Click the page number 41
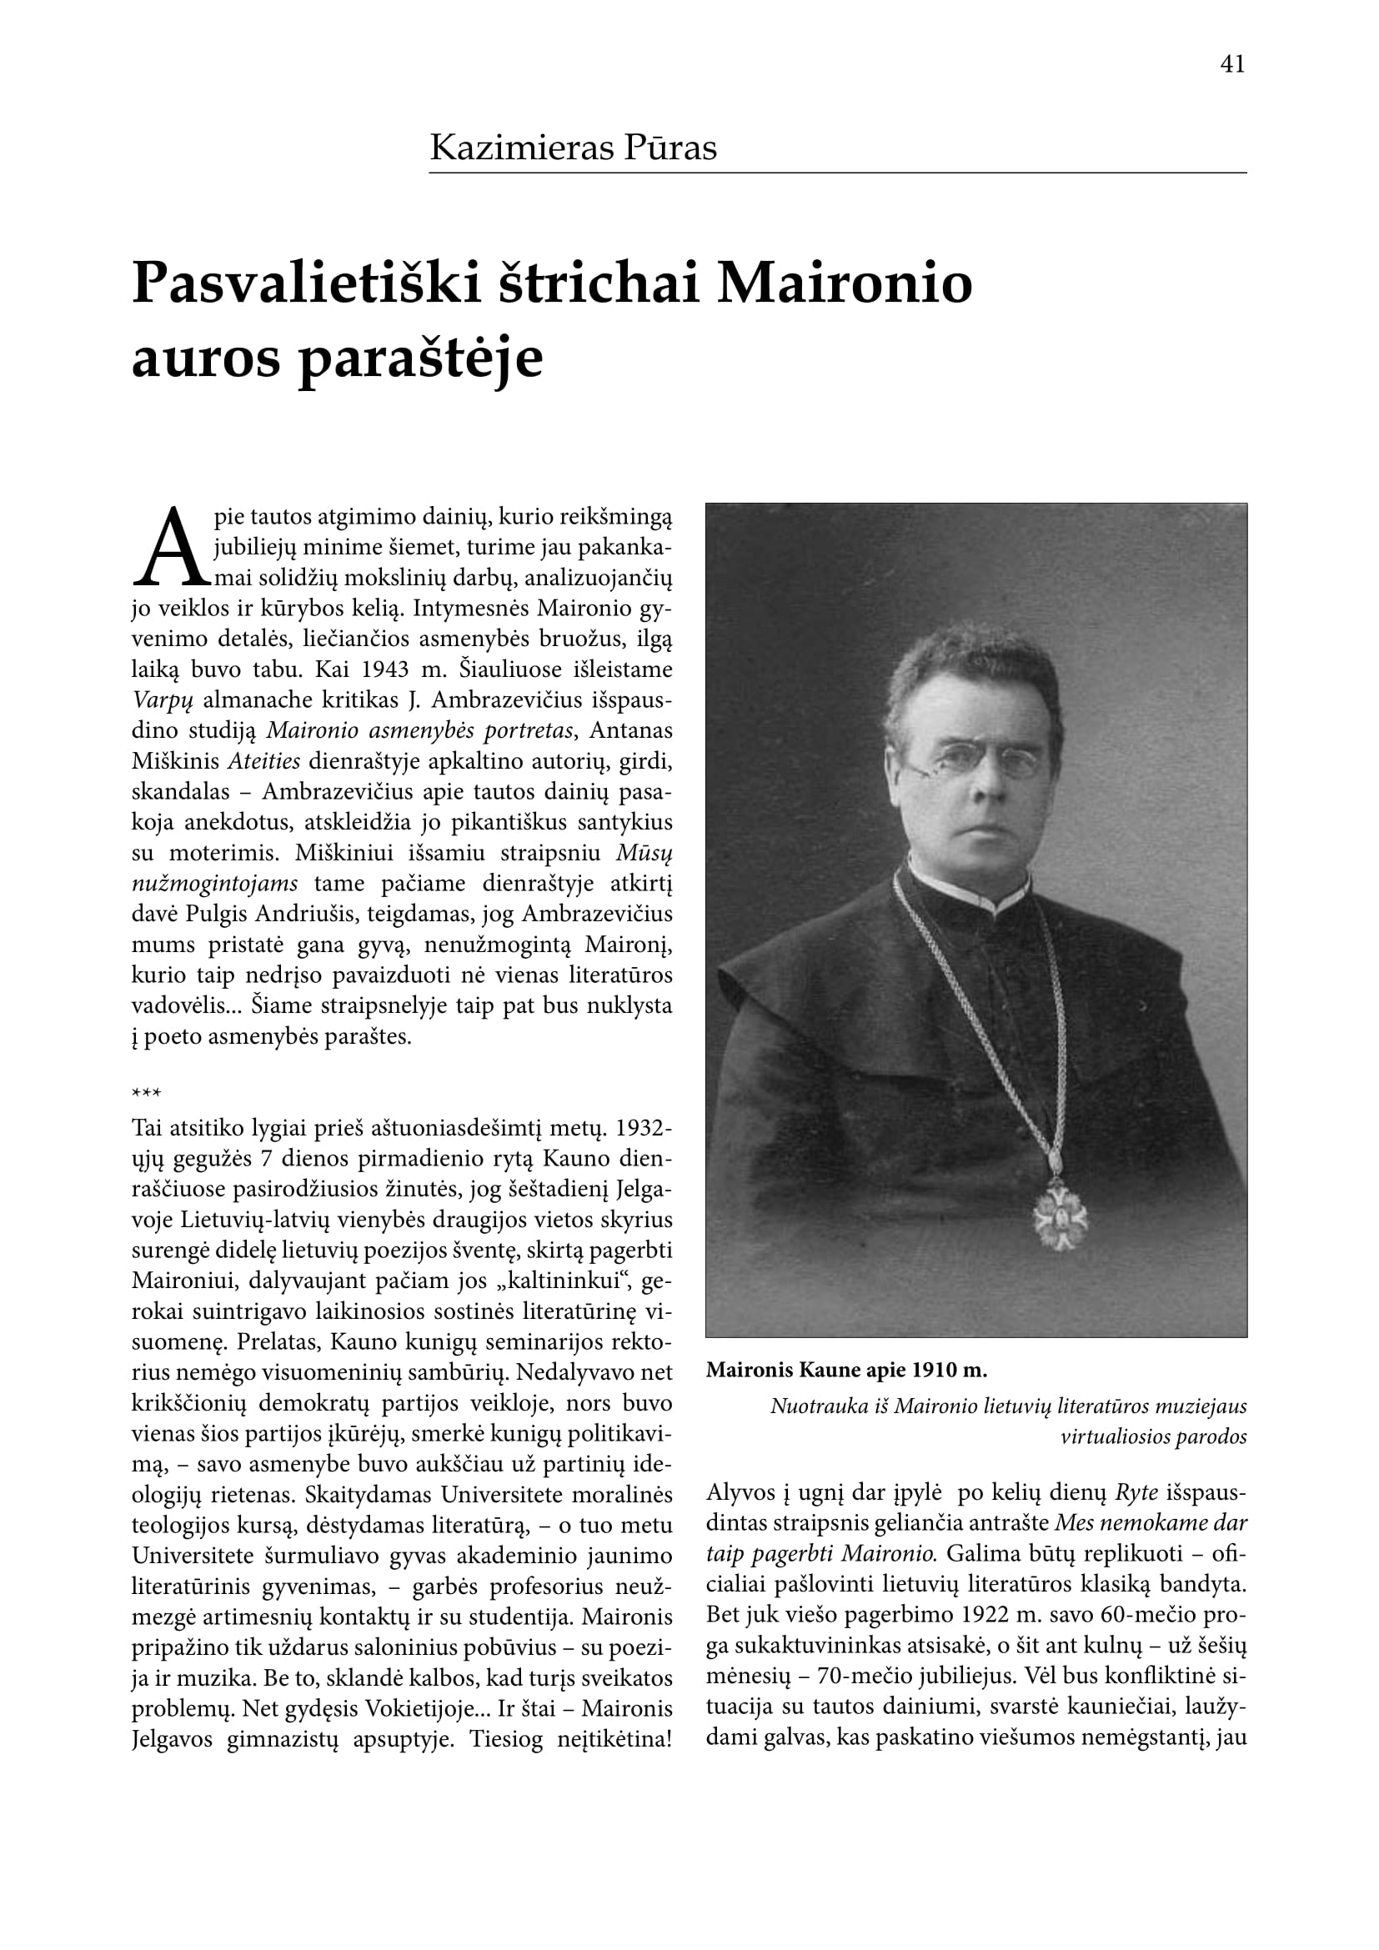1232,64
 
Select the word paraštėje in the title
420,358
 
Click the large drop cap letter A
171,548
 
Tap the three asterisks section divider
146,1092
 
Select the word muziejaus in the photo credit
1205,1406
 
